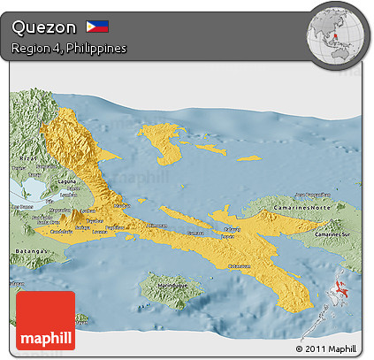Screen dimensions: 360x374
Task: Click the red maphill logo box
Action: [45, 320]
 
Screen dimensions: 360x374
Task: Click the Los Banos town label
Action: [21, 207]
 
